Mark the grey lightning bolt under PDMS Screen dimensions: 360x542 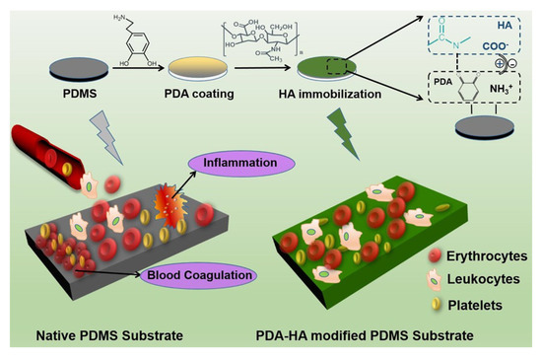105,132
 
